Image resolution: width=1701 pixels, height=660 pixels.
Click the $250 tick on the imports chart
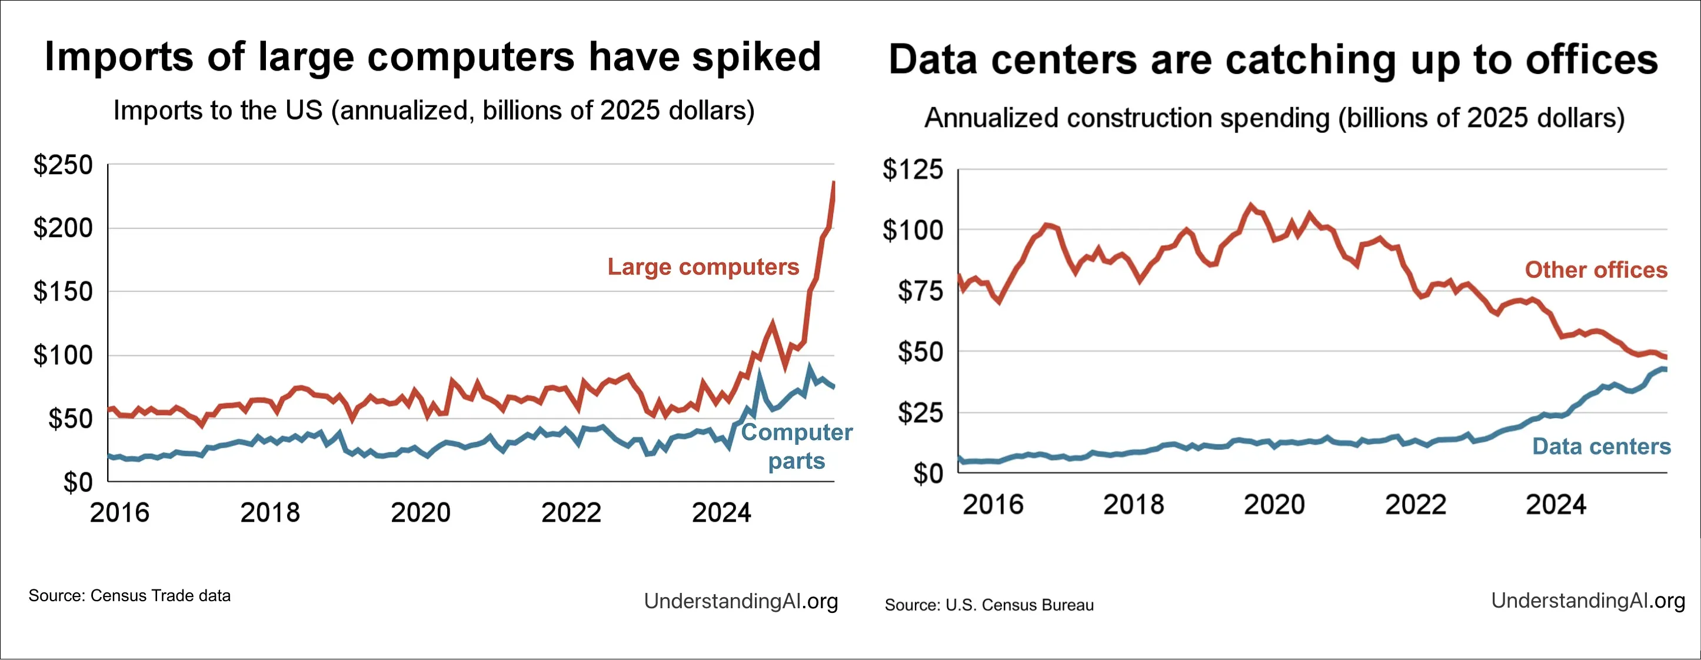64,165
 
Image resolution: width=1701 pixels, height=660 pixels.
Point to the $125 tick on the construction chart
913,169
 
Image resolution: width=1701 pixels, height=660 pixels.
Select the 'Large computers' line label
703,266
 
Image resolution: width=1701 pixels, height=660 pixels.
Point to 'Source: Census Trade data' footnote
129,596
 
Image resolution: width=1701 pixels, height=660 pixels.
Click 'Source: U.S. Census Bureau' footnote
989,605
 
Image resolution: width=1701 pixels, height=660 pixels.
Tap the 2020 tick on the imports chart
421,513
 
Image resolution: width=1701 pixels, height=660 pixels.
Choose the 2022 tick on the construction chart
1416,505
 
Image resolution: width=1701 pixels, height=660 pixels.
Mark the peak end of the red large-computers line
834,183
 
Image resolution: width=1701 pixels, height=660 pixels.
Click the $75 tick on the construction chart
920,291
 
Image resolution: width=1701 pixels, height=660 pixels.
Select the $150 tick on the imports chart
64,292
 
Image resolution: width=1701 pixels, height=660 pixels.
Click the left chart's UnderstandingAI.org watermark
741,601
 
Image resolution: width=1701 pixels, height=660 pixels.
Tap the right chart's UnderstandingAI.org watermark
1588,601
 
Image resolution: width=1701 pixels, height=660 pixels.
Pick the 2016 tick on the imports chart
119,513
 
